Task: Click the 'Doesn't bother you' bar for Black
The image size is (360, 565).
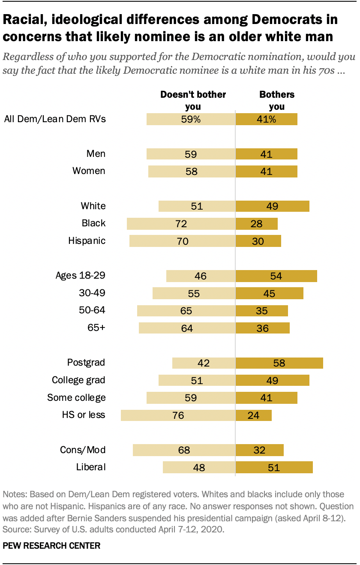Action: pyautogui.click(x=181, y=223)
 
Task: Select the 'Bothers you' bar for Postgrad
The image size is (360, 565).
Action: pyautogui.click(x=279, y=363)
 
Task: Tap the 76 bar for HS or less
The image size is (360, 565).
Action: pyautogui.click(x=178, y=415)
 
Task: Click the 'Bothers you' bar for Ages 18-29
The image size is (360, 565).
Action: pyautogui.click(x=276, y=276)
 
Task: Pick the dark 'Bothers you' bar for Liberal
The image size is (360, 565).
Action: pyautogui.click(x=274, y=467)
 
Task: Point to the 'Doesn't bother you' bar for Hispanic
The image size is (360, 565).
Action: pyautogui.click(x=182, y=241)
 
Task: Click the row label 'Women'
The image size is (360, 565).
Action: pyautogui.click(x=89, y=171)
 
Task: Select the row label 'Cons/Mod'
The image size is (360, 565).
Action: pyautogui.click(x=83, y=450)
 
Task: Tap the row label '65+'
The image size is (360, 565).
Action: pyautogui.click(x=96, y=328)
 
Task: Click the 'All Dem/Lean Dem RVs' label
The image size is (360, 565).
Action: pyautogui.click(x=54, y=119)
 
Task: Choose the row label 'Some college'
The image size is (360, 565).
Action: pyautogui.click(x=76, y=397)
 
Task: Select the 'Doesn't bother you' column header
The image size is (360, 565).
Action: pyautogui.click(x=193, y=100)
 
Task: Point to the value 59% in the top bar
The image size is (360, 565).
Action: pyautogui.click(x=191, y=119)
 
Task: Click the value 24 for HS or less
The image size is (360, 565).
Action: pyautogui.click(x=254, y=415)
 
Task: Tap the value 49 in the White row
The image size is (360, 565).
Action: pyautogui.click(x=272, y=206)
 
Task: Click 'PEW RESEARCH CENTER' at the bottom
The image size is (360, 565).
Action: pyautogui.click(x=52, y=546)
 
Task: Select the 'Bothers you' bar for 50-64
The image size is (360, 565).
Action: pyautogui.click(x=261, y=311)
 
